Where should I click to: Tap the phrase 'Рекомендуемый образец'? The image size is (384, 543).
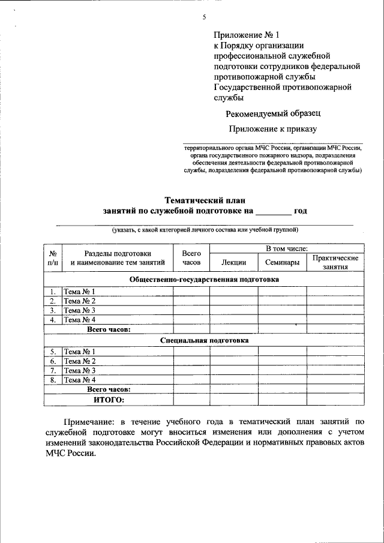pos(273,113)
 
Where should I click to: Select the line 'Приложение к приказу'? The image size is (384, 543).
pos(272,128)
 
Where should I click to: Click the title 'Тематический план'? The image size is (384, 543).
pos(205,200)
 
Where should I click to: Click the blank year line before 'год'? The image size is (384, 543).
pos(272,211)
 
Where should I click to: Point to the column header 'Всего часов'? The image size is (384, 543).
pos(191,257)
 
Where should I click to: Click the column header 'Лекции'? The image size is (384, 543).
pos(233,262)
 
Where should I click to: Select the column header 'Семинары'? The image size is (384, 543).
pos(282,262)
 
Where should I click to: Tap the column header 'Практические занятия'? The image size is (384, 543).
pos(335,262)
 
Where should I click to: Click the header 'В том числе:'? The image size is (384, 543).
pos(287,247)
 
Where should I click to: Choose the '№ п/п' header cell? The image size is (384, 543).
pos(53,257)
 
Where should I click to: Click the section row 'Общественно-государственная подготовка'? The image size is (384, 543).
pos(204,279)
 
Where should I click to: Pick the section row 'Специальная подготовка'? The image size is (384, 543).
pos(204,340)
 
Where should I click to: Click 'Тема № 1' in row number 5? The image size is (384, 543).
pos(80,352)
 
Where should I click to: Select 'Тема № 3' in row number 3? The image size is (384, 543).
pos(80,310)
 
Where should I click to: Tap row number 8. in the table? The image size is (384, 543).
pos(53,380)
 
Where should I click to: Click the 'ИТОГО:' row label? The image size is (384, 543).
pos(109,400)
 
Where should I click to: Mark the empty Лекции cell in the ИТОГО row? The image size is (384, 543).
pos(233,400)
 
